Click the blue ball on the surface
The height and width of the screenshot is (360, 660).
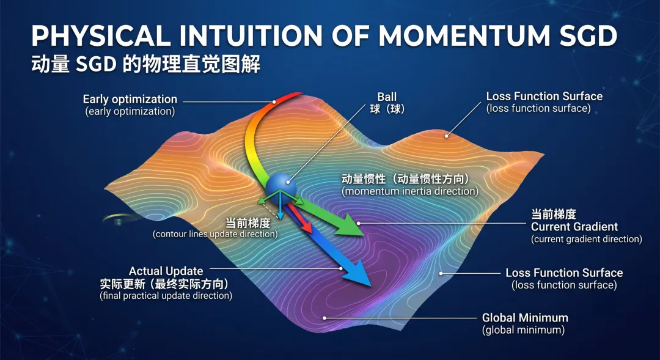pyautogui.click(x=280, y=188)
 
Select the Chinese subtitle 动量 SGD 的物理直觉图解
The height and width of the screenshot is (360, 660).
pyautogui.click(x=145, y=64)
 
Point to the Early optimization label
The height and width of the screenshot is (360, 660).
pyautogui.click(x=130, y=100)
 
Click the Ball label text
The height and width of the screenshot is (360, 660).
pyautogui.click(x=387, y=97)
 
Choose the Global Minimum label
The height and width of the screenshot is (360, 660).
pyautogui.click(x=525, y=317)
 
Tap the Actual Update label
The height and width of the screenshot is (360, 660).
pyautogui.click(x=166, y=271)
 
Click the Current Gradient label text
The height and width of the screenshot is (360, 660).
pyautogui.click(x=574, y=227)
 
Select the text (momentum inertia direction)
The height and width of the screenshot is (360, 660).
pyautogui.click(x=410, y=191)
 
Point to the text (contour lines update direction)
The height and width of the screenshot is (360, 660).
pyautogui.click(x=215, y=234)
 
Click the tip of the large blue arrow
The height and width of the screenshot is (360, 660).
pyautogui.click(x=371, y=286)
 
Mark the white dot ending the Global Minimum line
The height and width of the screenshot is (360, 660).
pyautogui.click(x=324, y=318)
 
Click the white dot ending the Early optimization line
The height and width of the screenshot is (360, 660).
pyautogui.click(x=274, y=102)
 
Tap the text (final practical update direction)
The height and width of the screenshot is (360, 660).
pyautogui.click(x=166, y=296)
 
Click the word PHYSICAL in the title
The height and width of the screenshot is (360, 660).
pyautogui.click(x=101, y=36)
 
